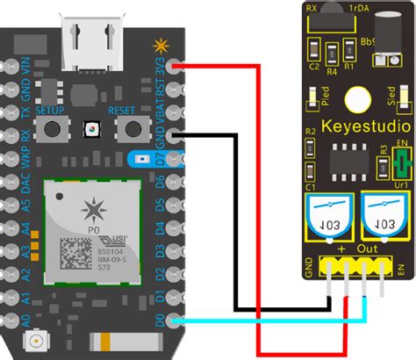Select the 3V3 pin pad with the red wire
[179, 66]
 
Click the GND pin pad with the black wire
[179, 136]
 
